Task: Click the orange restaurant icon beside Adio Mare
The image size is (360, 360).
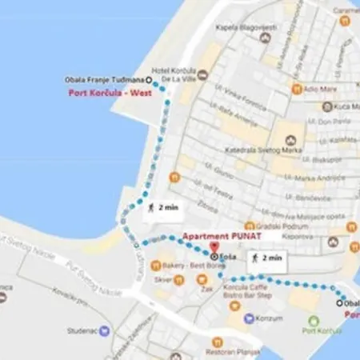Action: pos(296,88)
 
